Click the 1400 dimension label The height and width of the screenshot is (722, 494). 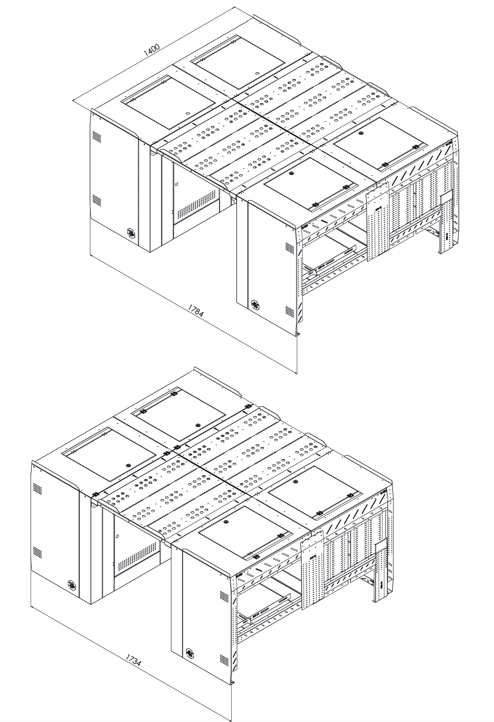pos(152,50)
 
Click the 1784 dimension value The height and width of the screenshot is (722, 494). pos(195,311)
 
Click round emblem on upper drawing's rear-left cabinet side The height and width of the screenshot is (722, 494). pos(131,233)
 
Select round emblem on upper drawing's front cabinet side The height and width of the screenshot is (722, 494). pos(255,304)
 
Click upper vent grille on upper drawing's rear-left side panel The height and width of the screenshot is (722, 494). pos(97,136)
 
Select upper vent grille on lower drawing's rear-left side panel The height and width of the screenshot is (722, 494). pos(37,488)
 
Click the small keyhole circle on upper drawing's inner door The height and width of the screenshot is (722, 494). pos(176,184)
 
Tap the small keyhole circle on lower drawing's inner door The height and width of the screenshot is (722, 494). pos(117,536)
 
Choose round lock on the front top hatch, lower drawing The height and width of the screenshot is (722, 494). pos(226,522)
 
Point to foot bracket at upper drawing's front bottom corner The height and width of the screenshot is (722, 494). pos(297,333)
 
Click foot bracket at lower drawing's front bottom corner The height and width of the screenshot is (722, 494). pos(232,683)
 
